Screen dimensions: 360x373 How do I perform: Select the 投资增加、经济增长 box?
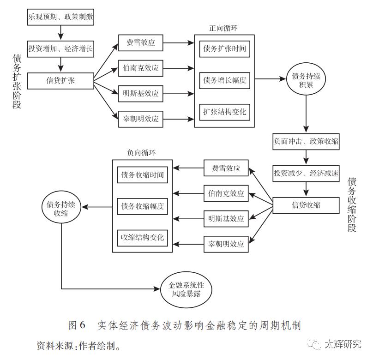tap(60, 48)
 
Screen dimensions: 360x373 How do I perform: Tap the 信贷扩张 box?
tap(60, 81)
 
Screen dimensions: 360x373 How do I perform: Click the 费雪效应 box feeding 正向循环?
tap(140, 43)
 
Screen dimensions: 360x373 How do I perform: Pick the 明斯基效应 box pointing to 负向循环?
tap(226, 219)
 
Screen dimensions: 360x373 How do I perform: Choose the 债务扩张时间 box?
tap(225, 48)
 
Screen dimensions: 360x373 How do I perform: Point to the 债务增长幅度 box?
tap(225, 80)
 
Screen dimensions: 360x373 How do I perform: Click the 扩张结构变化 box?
tap(225, 112)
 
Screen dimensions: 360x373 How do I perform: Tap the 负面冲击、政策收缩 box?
tap(306, 141)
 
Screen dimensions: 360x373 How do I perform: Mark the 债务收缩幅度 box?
tap(142, 206)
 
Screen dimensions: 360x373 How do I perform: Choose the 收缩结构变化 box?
tap(142, 237)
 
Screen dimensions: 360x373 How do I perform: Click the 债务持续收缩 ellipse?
tap(61, 208)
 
